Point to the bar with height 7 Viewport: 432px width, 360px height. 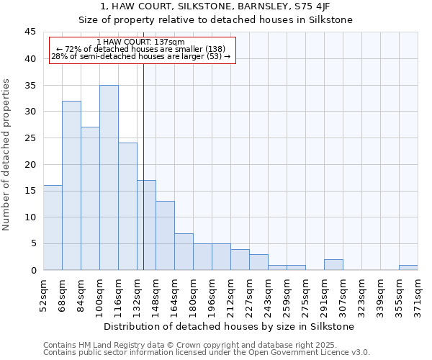184,251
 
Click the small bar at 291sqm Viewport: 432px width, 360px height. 333,264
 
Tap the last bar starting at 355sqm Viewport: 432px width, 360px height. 408,267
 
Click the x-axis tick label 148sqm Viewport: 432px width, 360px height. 156,297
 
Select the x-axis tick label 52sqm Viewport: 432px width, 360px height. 44,295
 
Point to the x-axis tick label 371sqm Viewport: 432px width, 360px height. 418,297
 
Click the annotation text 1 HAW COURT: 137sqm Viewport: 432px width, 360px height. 140,42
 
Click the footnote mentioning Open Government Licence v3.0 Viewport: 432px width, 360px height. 207,352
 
